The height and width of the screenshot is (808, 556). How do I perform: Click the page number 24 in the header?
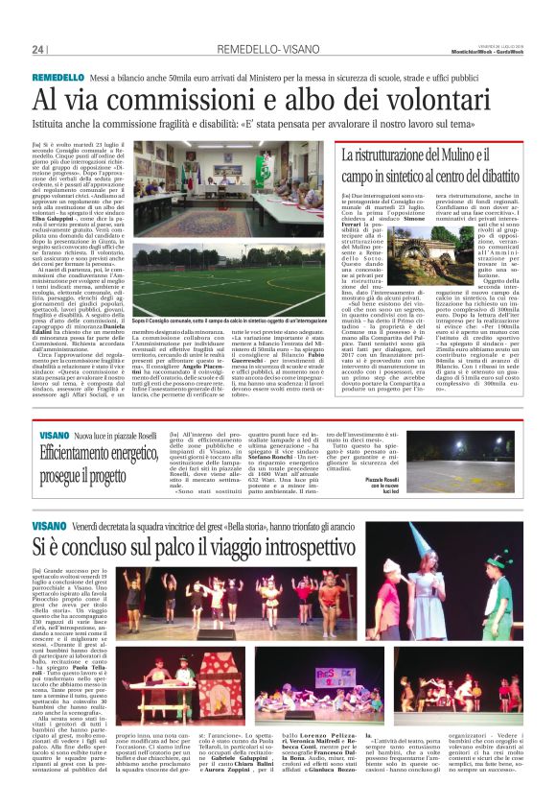[x=38, y=49]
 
